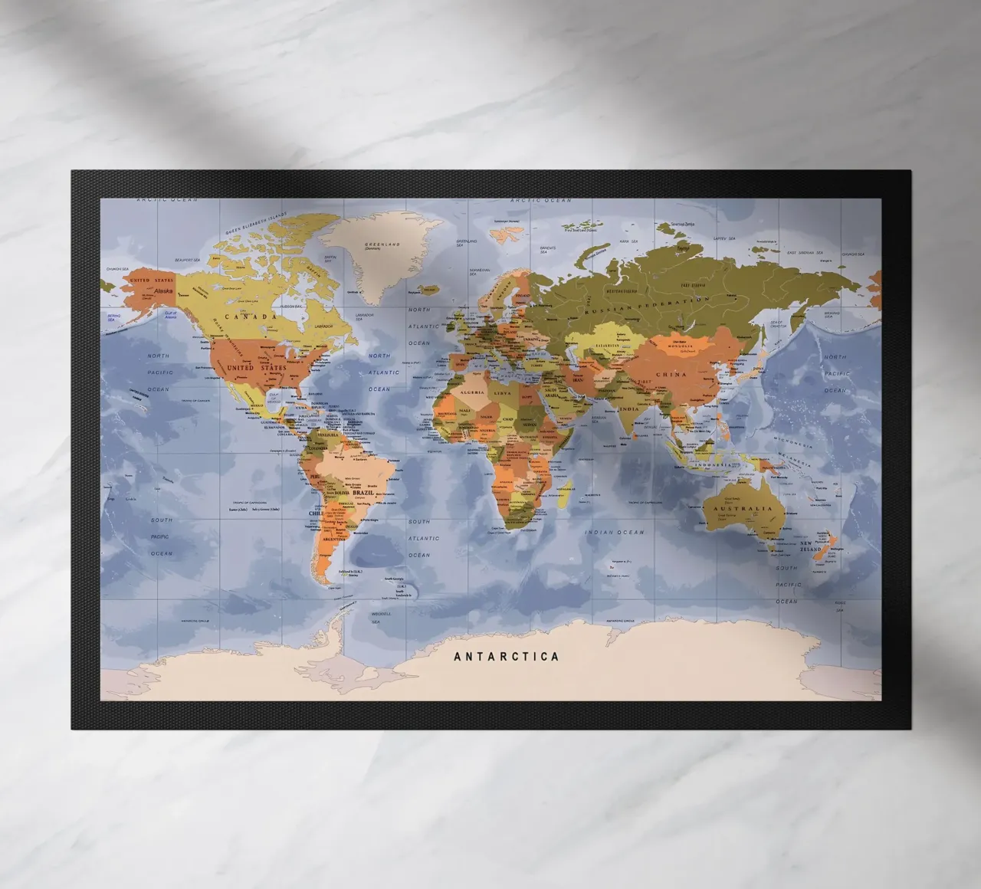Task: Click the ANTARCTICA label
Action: (507, 657)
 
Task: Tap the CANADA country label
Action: (251, 317)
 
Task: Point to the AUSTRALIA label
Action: (741, 509)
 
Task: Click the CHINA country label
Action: (671, 375)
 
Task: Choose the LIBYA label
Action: (504, 393)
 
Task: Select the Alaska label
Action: (163, 292)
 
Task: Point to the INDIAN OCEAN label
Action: (615, 532)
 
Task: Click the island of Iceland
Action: (426, 291)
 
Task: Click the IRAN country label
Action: (580, 379)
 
